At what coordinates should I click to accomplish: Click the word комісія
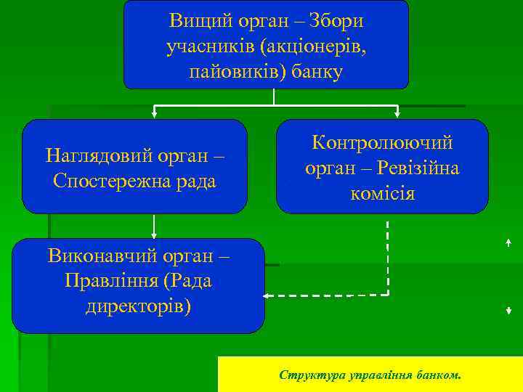[x=382, y=194]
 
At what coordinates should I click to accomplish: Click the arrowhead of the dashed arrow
[x=267, y=296]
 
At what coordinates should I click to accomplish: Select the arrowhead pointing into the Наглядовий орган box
[x=154, y=114]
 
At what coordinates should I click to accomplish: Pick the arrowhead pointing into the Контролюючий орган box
[x=397, y=114]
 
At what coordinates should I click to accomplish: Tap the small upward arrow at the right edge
[x=508, y=244]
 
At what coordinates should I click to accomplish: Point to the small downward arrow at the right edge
[x=508, y=310]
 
